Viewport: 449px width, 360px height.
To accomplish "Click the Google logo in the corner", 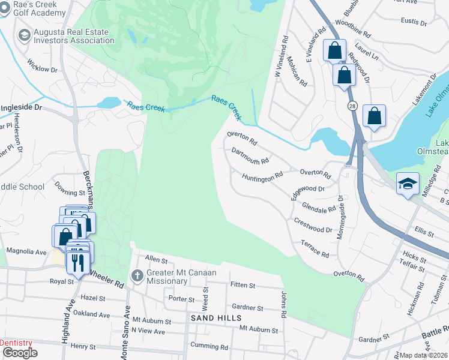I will click(x=19, y=353).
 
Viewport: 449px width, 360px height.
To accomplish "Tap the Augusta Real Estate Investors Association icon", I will click(x=25, y=35).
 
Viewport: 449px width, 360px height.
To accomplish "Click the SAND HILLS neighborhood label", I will click(x=216, y=317).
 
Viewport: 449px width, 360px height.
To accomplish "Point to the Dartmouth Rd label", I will click(x=250, y=157).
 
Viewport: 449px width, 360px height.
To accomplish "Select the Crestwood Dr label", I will click(x=313, y=226).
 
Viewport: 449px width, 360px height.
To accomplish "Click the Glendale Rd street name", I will click(x=319, y=206).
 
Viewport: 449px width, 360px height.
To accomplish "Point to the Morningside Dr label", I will click(x=339, y=216).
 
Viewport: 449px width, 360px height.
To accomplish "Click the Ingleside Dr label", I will click(x=21, y=107).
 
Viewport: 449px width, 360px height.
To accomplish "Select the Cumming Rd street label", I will click(x=209, y=346).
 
